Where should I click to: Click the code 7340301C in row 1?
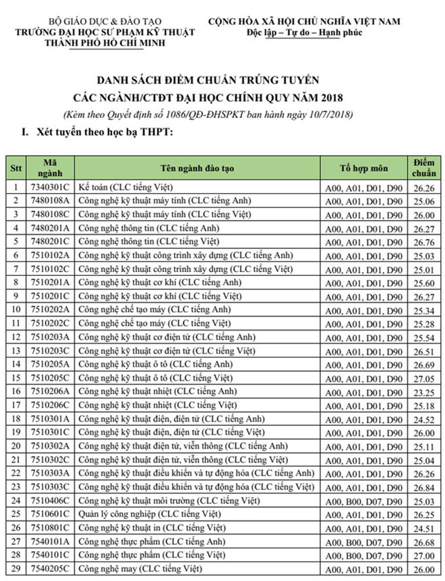tap(51, 187)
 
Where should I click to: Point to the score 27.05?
tap(421, 378)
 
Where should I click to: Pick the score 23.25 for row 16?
tap(421, 391)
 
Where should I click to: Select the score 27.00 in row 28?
tap(421, 555)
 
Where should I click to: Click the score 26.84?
tap(421, 487)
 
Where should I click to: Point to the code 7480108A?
tap(51, 200)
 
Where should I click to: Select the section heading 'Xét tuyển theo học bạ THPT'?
tap(101, 134)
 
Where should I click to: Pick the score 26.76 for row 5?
tap(421, 242)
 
